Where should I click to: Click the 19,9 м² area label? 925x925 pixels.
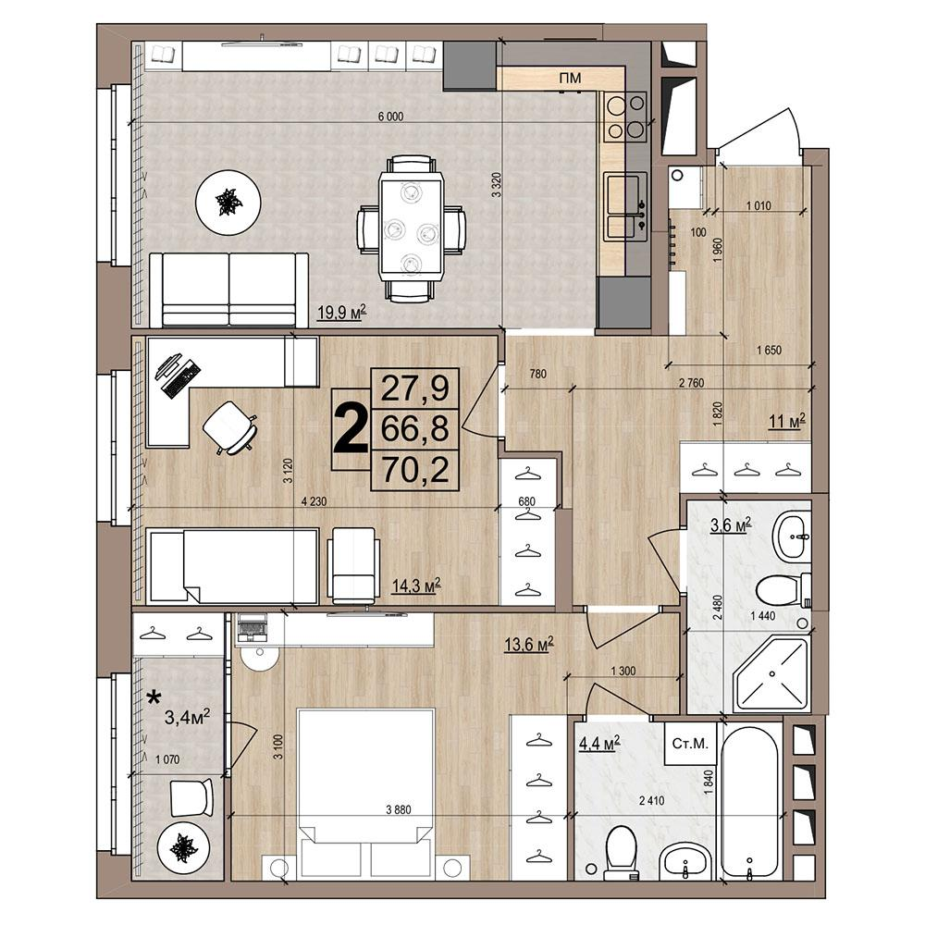coord(341,313)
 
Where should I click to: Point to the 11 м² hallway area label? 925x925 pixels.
coord(787,423)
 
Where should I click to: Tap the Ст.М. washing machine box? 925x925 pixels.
coord(689,743)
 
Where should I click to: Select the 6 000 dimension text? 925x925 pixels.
coord(389,117)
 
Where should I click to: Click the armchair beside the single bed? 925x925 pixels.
coord(354,565)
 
